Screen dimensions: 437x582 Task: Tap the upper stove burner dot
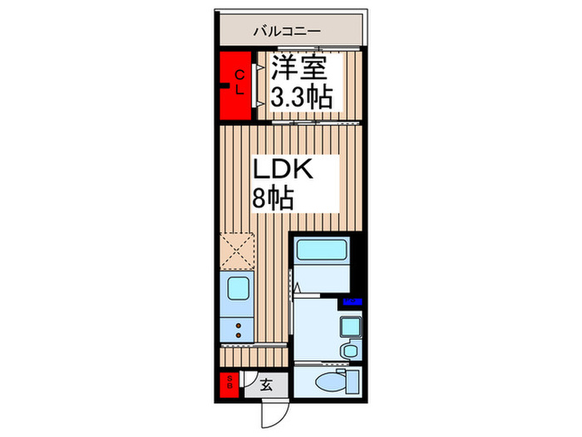click(x=238, y=325)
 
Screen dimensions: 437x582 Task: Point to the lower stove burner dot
click(x=238, y=335)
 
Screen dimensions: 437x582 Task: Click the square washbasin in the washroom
click(x=350, y=325)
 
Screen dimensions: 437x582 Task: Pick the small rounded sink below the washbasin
click(x=350, y=351)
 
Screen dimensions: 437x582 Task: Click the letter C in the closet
click(x=238, y=71)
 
